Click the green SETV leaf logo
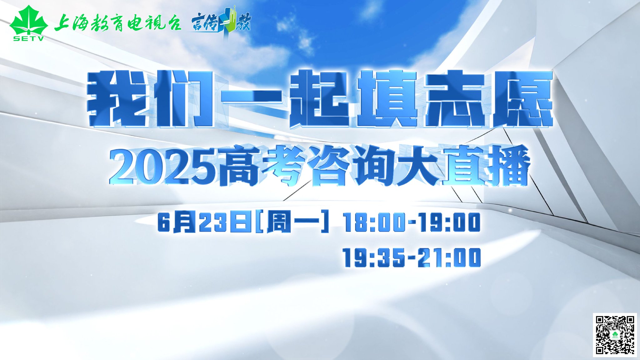28,23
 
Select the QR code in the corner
615,335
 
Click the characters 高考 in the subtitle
261,167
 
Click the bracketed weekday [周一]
292,222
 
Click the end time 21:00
450,257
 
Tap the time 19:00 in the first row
450,222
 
